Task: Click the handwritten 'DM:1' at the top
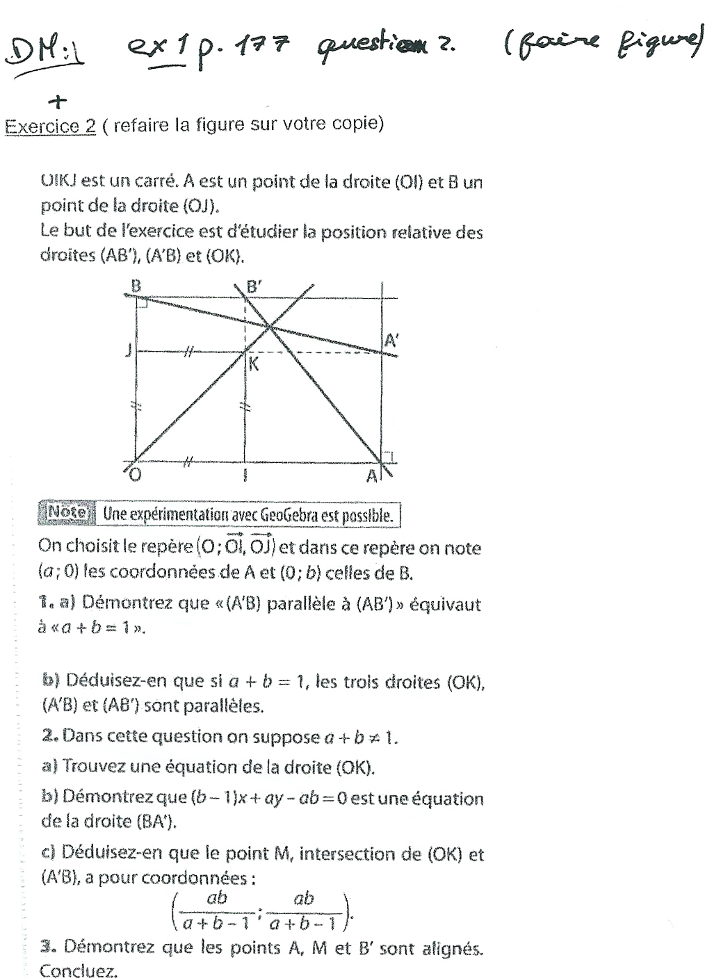(x=44, y=53)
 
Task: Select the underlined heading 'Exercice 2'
(x=50, y=127)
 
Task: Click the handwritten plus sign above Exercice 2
(x=58, y=102)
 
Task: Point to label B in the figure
(x=136, y=285)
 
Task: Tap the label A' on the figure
(x=391, y=341)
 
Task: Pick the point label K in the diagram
(x=254, y=364)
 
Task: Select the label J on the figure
(x=127, y=351)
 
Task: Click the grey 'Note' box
(x=67, y=513)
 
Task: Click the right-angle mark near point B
(x=142, y=303)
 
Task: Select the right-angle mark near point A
(x=390, y=456)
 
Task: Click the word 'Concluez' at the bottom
(x=78, y=970)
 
